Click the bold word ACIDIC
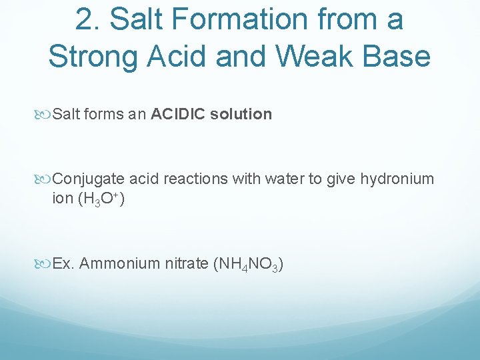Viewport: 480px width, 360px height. click(x=179, y=114)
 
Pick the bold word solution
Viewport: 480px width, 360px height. click(x=241, y=114)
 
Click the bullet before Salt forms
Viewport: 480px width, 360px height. click(x=45, y=115)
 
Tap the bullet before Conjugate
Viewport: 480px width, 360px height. click(x=45, y=179)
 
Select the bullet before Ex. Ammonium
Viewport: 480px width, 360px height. click(x=45, y=264)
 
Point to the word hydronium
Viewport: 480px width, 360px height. click(x=397, y=179)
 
